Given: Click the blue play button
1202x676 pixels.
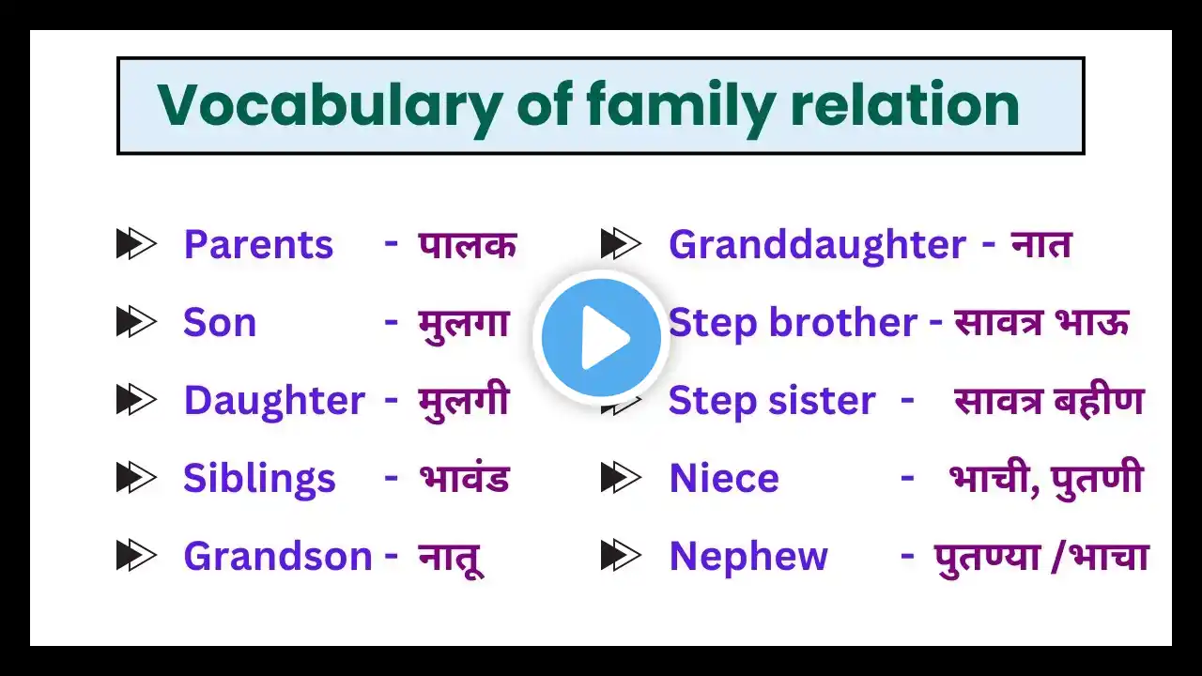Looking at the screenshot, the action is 601,338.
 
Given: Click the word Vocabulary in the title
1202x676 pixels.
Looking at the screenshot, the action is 330,107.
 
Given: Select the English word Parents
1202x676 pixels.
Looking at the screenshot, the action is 258,245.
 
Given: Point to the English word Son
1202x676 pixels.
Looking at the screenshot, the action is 220,323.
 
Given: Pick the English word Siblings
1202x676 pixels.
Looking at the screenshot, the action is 259,480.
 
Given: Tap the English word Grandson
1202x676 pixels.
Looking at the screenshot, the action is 278,557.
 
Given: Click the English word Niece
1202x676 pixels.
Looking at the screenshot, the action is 724,478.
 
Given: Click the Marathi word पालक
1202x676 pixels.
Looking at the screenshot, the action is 468,246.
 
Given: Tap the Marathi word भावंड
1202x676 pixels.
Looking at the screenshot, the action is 464,478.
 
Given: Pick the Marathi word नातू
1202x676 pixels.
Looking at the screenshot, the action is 451,559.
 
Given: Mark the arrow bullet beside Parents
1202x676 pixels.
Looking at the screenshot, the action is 136,244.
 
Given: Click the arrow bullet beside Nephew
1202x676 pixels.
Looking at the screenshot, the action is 621,556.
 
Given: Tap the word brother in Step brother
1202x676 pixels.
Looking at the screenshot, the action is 843,322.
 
